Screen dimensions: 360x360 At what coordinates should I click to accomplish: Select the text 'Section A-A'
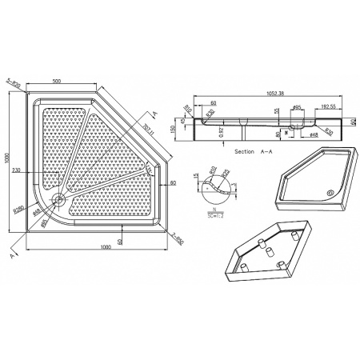256,150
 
